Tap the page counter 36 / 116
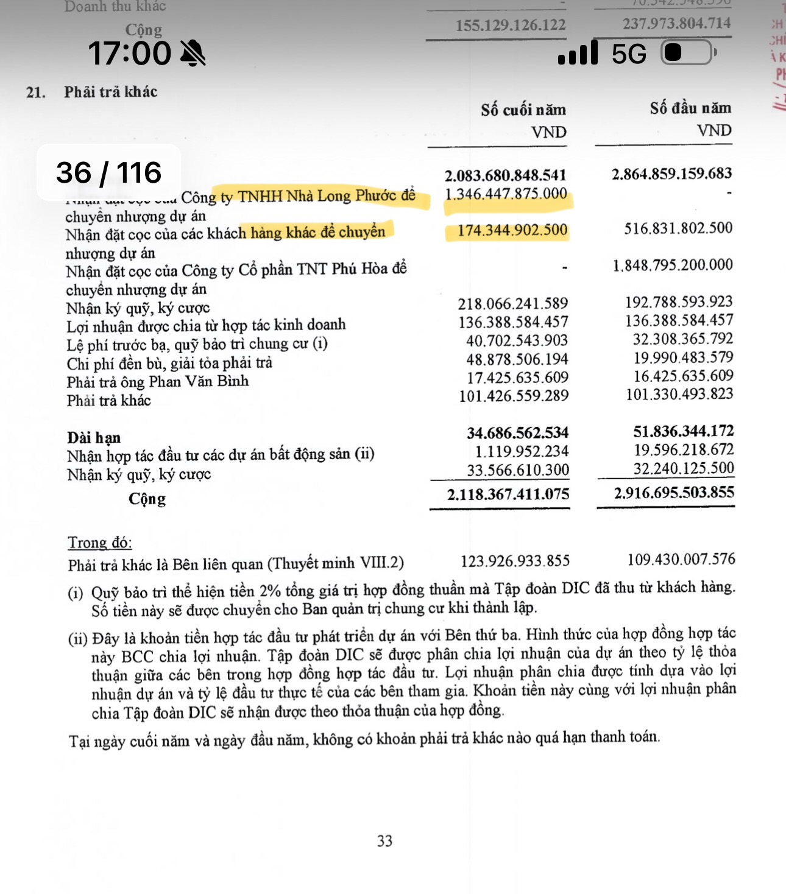click(108, 172)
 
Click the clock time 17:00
click(129, 53)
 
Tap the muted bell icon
click(193, 53)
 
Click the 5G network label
click(628, 54)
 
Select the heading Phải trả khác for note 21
click(110, 92)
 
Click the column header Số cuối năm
click(523, 110)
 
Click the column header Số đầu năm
click(690, 108)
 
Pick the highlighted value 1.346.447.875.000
click(506, 194)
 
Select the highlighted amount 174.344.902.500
click(512, 230)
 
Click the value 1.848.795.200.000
click(673, 265)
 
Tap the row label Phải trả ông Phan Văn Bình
click(157, 382)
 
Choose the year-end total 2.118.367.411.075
click(508, 494)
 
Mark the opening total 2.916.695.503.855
click(674, 492)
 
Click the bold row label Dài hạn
click(94, 438)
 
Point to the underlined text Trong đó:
click(100, 543)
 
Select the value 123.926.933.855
click(515, 560)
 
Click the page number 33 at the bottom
click(384, 841)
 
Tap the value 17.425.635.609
click(517, 378)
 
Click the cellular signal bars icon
click(578, 53)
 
